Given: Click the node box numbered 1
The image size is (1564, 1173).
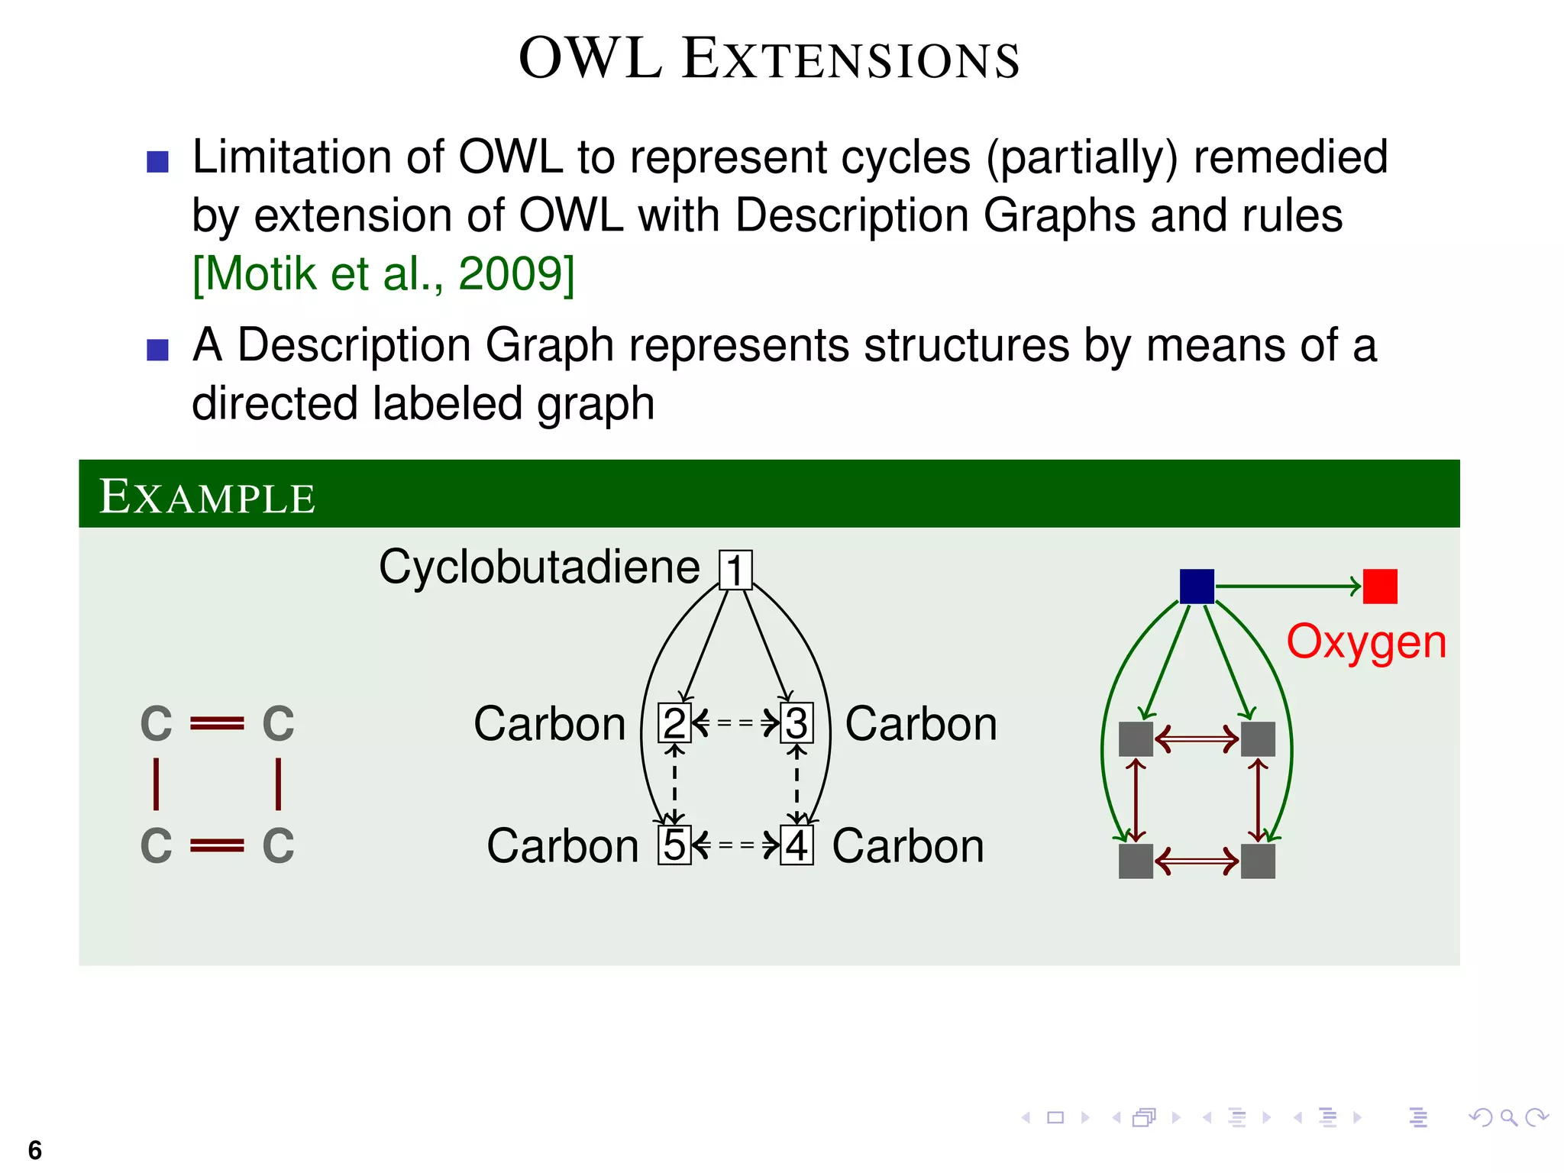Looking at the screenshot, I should (x=735, y=570).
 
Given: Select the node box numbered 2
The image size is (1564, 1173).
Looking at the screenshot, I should (x=674, y=722).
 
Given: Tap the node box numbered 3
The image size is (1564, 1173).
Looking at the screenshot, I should (x=797, y=722).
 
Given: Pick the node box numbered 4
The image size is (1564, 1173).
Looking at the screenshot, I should (x=797, y=845).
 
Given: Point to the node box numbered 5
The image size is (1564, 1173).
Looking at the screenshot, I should (x=674, y=845).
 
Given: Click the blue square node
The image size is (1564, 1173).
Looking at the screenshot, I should (x=1197, y=586).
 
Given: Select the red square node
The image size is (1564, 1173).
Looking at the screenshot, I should (x=1380, y=586).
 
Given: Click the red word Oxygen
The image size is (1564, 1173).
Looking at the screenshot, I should (x=1366, y=641).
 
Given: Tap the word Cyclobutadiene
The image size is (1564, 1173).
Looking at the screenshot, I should (x=539, y=567).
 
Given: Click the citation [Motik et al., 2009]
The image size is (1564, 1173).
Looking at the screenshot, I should (x=383, y=273).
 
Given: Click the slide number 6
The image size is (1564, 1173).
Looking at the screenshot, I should (x=34, y=1149).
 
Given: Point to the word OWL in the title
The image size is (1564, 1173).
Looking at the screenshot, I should (x=590, y=58).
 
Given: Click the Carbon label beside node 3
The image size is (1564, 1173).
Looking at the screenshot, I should (x=921, y=723).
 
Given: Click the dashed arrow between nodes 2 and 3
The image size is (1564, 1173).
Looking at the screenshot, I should (x=735, y=722).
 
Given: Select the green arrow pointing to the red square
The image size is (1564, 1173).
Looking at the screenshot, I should (x=1288, y=586).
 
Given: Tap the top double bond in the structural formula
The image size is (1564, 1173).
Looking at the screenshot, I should (x=217, y=722).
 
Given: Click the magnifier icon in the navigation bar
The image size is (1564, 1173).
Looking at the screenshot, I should (x=1508, y=1118).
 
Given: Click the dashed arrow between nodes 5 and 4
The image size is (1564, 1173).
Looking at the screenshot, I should (x=735, y=845).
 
